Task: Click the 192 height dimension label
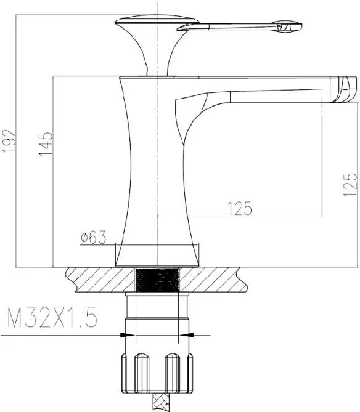point(9,140)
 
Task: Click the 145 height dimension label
point(46,144)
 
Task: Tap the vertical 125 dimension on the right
point(351,185)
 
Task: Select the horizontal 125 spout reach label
point(240,208)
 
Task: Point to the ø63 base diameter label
point(93,237)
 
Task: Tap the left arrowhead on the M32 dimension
point(127,335)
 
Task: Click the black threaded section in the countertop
point(157,280)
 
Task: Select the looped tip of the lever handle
point(287,26)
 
